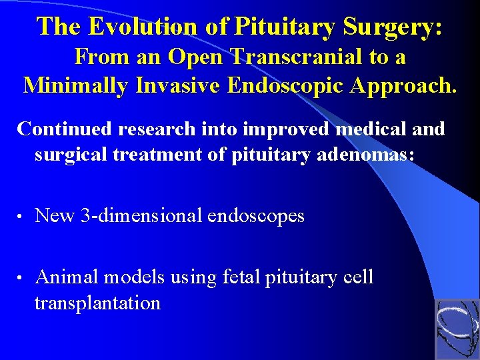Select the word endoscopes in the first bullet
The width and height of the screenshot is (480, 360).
pos(256,216)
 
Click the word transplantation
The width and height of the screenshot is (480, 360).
pos(97,303)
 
